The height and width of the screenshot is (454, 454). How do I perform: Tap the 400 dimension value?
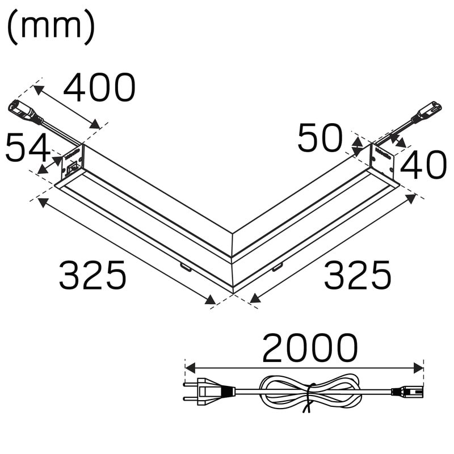pos(99,88)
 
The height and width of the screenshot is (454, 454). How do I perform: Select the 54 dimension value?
pos(28,148)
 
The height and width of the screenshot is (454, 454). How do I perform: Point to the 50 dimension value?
pos(320,138)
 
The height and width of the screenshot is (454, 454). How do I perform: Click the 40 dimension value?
pos(423,166)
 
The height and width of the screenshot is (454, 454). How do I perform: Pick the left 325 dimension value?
pos(93,275)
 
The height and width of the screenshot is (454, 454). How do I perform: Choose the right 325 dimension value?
pos(358,275)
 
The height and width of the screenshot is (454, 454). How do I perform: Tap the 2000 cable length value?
pos(310,348)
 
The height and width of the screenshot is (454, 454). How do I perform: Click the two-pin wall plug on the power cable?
pos(209,392)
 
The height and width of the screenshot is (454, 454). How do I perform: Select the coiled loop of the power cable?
pos(310,392)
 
